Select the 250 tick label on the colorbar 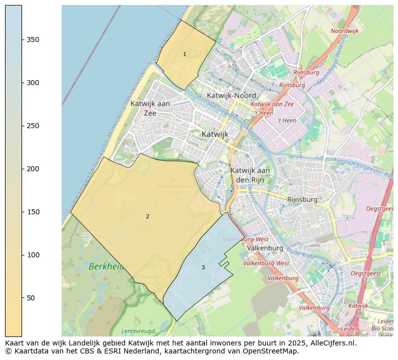pos(33,126)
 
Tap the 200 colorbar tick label pos(33,169)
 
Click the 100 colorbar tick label pos(33,255)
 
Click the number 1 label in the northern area pos(184,54)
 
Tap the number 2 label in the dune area pos(147,216)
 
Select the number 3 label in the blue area pos(203,267)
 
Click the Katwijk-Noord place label pos(232,95)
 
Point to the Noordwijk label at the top pos(345,31)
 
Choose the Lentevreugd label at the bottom pos(138,331)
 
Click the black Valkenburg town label pos(265,248)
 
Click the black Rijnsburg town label pos(302,199)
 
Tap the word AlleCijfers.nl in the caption pos(331,343)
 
